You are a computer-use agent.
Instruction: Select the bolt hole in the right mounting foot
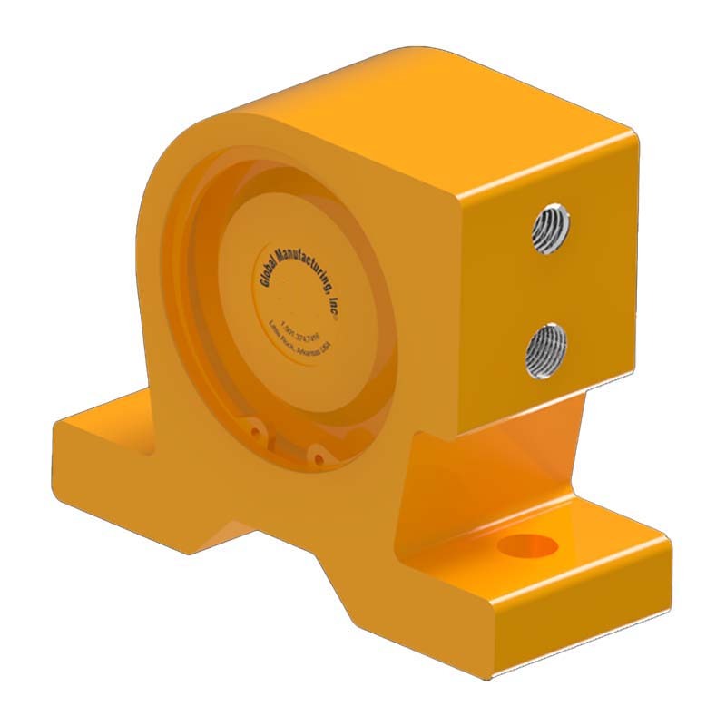click(x=529, y=545)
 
